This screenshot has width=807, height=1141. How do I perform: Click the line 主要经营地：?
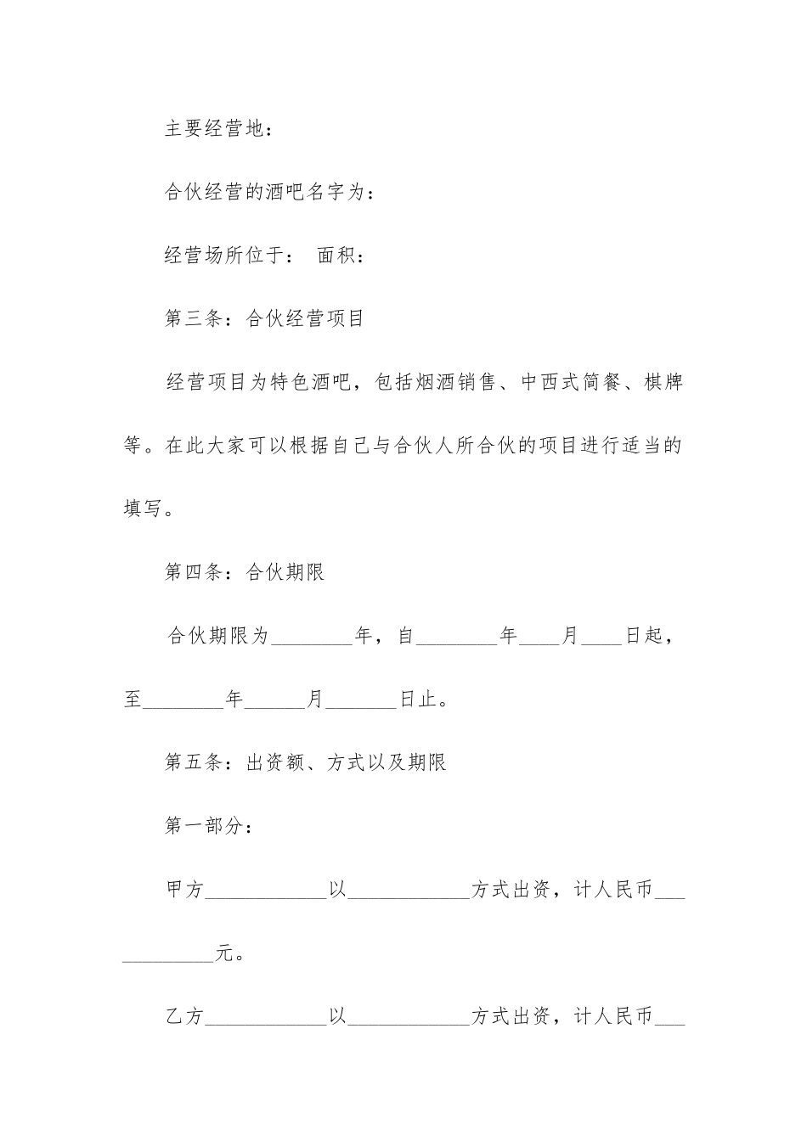point(219,130)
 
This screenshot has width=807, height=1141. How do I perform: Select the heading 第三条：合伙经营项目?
point(264,319)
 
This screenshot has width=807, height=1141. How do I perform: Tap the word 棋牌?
point(663,383)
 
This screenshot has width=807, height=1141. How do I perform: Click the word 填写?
point(144,510)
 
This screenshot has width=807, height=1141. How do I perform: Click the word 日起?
point(645,636)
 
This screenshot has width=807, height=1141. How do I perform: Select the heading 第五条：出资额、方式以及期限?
point(305,763)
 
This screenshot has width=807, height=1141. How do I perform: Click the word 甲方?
point(185,890)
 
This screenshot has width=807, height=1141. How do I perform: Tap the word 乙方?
point(185,1016)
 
